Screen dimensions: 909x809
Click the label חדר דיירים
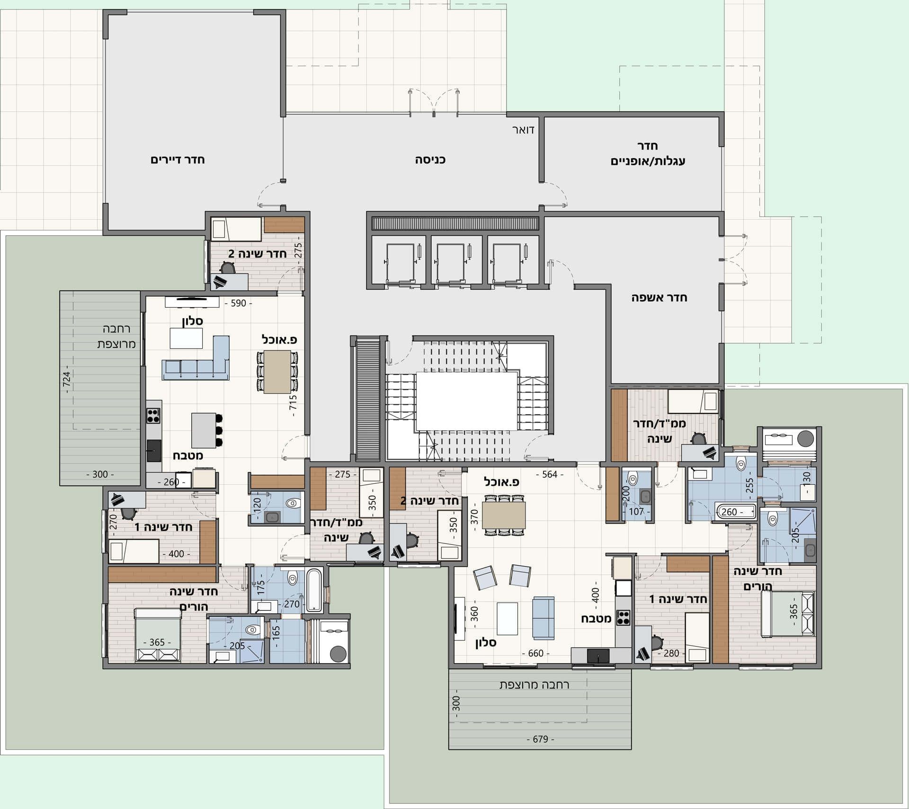tap(178, 160)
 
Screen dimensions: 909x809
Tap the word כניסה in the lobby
tap(430, 160)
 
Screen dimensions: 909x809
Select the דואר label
tap(523, 130)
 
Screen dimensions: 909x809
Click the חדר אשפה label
tap(659, 298)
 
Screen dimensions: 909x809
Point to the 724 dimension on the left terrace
tap(67, 379)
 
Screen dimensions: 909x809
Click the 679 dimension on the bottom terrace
tap(540, 739)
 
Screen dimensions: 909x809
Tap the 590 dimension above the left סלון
tap(238, 303)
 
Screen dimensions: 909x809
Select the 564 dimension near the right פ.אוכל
tap(550, 474)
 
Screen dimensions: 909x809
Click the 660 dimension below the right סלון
tap(535, 653)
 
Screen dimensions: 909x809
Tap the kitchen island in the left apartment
tap(204, 430)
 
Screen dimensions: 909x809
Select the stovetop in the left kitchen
tap(153, 416)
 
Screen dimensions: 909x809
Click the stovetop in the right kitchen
tap(623, 617)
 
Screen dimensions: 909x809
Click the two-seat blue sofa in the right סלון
tap(544, 618)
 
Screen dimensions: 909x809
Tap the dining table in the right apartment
tap(504, 515)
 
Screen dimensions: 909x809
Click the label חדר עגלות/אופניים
tap(648, 153)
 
